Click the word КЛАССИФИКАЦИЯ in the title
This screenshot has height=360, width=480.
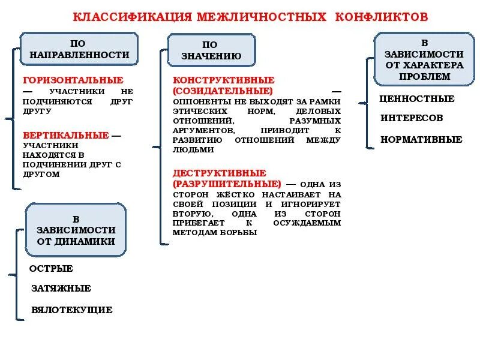coord(133,16)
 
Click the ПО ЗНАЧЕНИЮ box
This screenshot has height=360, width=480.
coord(211,50)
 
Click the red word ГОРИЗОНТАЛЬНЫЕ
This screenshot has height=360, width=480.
coord(73,80)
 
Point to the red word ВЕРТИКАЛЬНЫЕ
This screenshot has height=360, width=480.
coord(66,135)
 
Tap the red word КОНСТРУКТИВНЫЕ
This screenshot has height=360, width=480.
coord(224,80)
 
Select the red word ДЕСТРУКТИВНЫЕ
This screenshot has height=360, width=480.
coord(220,173)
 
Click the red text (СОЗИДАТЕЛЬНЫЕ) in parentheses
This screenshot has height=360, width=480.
coord(223,91)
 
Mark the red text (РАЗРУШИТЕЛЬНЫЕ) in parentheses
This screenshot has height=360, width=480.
coord(227,184)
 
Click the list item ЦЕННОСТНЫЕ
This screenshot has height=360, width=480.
coord(417,99)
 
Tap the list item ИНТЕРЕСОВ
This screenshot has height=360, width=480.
coord(412,118)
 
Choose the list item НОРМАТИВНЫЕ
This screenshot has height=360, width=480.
coord(421,140)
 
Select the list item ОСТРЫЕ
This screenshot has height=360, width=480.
coord(52,269)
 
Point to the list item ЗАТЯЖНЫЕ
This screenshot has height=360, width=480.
coord(61,289)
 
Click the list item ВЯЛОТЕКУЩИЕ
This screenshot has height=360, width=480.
coord(72,310)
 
